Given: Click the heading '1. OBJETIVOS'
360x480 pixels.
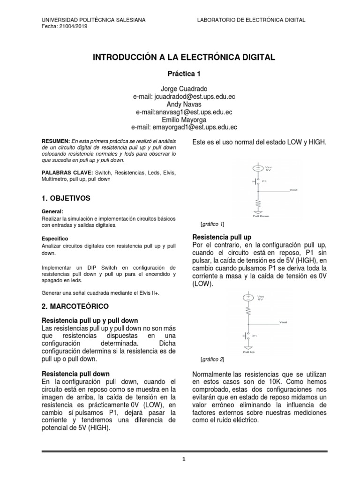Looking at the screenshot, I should (66, 198).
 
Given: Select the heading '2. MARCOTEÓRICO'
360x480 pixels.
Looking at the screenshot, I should (75, 306).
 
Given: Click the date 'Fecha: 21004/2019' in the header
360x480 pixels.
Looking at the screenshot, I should (65, 26).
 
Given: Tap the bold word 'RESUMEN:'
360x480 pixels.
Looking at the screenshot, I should (55, 140).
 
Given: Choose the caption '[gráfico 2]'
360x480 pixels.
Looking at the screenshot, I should (212, 359).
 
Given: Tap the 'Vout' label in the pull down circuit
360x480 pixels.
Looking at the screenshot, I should (293, 190).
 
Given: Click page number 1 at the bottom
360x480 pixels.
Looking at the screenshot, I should (184, 460).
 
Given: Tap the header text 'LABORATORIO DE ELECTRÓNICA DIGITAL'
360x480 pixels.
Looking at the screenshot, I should (251, 20).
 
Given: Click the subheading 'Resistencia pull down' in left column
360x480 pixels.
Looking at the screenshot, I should (76, 374).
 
